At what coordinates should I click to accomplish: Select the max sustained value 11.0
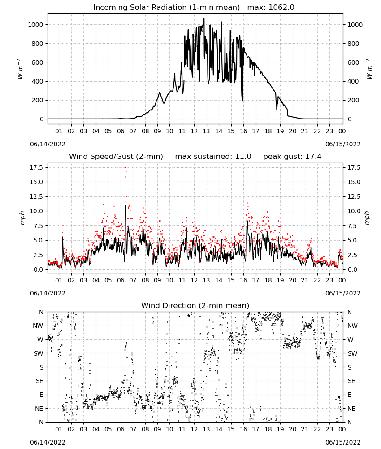tap(243, 157)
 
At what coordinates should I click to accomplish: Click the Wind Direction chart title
tap(195, 305)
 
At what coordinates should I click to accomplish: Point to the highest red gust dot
tap(125, 167)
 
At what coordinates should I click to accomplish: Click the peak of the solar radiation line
tap(204, 18)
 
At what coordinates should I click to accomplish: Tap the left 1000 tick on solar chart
tap(35, 25)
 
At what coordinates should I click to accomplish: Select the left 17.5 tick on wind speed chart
tap(37, 167)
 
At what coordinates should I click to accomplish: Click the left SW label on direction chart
tap(39, 353)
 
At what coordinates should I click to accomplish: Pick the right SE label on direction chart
tap(351, 381)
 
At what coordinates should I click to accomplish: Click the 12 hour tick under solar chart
tap(194, 132)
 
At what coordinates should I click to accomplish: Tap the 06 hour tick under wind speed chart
tap(121, 280)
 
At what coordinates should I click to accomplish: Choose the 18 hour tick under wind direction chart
tap(268, 429)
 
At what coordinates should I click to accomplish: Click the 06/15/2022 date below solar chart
tap(343, 144)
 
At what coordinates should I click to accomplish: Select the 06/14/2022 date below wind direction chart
tap(48, 442)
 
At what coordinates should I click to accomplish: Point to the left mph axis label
tap(22, 218)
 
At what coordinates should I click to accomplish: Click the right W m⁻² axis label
tap(369, 69)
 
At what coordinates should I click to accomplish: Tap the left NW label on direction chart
tap(38, 326)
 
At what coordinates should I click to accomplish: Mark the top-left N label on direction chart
tap(41, 312)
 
